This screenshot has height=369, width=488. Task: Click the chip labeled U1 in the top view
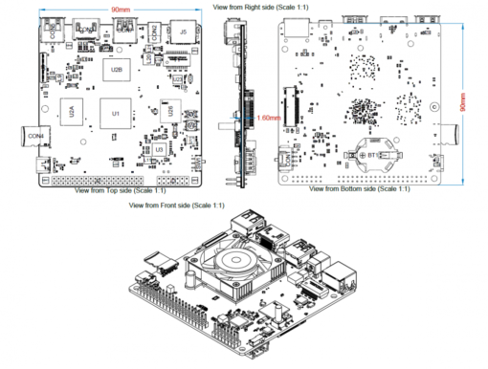(x=117, y=114)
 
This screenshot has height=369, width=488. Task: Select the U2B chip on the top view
(x=117, y=70)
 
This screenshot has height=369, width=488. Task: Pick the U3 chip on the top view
(x=158, y=149)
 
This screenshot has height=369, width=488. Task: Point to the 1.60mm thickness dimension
(x=269, y=117)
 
